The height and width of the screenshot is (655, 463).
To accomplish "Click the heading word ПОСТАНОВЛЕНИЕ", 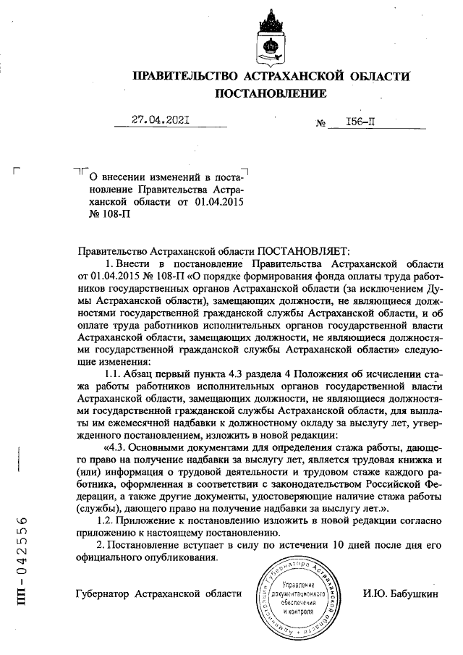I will click(x=271, y=93).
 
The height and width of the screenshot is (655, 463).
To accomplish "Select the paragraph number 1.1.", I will click(x=114, y=373).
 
